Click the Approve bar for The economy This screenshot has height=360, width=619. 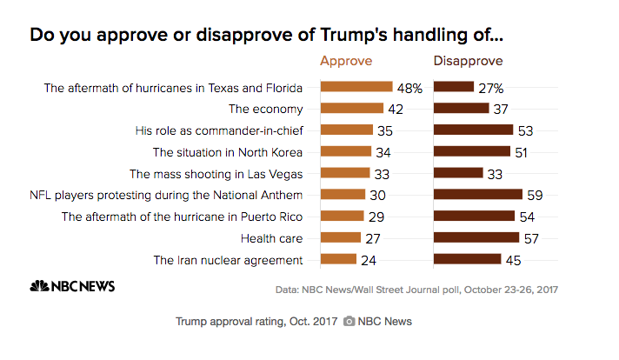coord(351,109)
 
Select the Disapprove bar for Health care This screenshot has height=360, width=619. coord(476,237)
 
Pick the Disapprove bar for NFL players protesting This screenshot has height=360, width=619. coord(477,194)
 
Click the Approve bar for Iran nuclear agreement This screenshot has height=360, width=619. coord(338,259)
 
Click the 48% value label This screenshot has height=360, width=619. coord(410,87)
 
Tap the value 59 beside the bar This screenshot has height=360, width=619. coord(536,194)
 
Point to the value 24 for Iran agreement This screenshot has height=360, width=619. coord(369,259)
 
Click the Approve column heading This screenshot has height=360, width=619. coord(346,61)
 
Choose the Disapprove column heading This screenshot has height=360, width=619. coord(469,61)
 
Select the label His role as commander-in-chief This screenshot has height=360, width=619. coord(219,130)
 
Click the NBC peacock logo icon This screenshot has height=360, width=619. coord(38,286)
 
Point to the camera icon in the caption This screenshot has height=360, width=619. coord(349,322)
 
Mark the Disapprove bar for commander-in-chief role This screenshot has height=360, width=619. coord(473,130)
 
